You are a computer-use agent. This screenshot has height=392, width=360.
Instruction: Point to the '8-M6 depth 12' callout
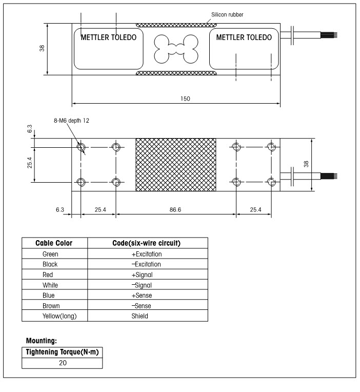point(71,121)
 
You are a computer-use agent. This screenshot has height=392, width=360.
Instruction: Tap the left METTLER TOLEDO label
point(109,37)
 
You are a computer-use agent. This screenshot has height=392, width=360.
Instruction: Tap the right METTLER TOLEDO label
point(244,37)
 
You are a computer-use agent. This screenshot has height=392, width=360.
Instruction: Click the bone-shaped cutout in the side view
point(175,49)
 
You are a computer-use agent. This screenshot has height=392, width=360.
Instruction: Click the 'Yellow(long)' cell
point(55,316)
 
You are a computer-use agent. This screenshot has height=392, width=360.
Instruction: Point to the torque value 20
point(62,363)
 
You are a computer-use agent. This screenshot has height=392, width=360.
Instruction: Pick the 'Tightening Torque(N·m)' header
point(62,352)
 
